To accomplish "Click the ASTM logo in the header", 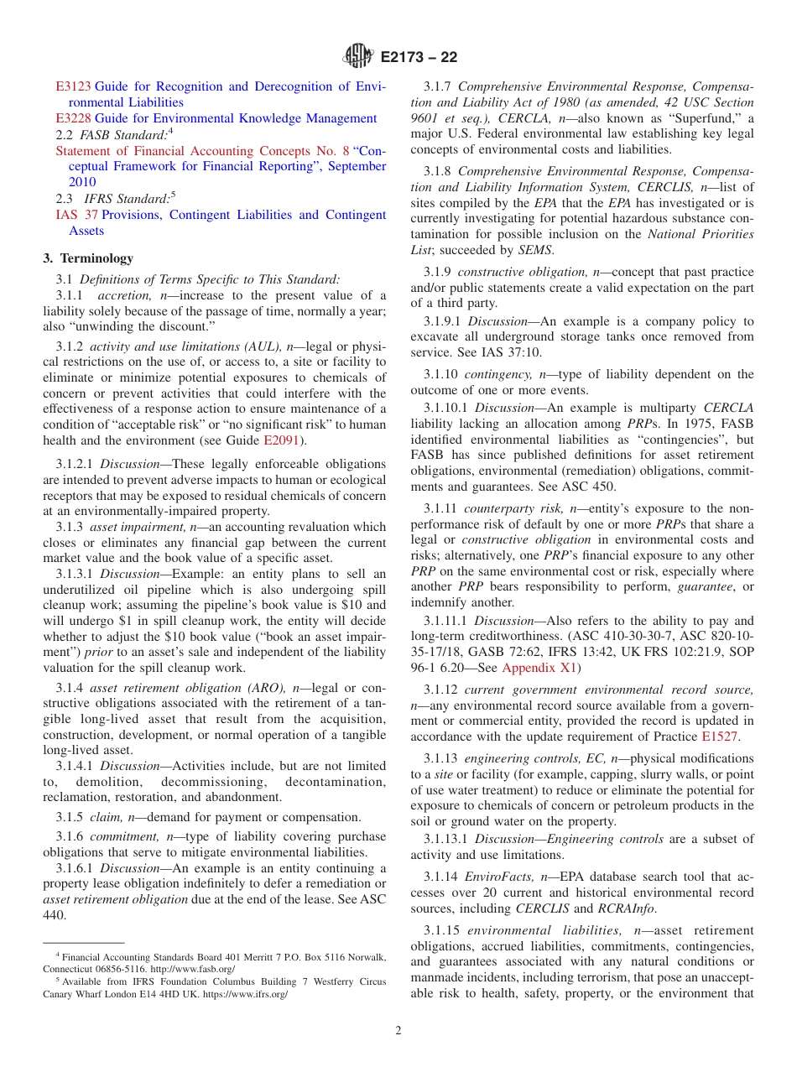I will [358, 57].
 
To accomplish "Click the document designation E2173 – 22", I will [419, 58].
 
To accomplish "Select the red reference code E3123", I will [73, 86].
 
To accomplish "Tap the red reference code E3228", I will [73, 118].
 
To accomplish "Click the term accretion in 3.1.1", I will [124, 295].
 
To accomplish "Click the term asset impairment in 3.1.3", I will [128, 527].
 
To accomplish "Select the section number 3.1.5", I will [71, 817].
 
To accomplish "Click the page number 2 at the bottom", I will [398, 1031].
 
